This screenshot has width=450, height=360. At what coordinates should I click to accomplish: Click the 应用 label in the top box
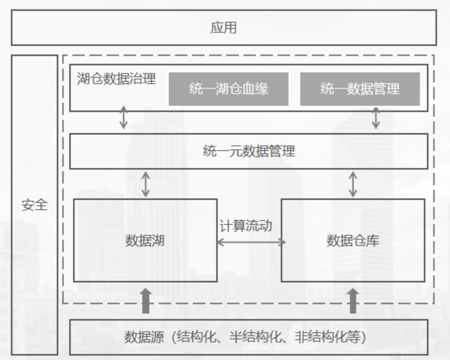tap(223, 28)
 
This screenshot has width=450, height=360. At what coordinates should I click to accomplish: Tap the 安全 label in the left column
tap(34, 205)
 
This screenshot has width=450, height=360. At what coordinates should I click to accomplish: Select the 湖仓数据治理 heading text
tap(117, 79)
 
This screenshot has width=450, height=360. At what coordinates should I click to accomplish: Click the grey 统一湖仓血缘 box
tap(229, 89)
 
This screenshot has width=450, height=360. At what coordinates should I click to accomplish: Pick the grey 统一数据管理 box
tap(360, 89)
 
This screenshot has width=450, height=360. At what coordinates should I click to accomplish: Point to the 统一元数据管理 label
tap(249, 151)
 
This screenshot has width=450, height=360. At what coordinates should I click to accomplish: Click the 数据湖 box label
tap(145, 241)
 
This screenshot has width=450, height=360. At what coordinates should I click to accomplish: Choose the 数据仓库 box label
tap(353, 241)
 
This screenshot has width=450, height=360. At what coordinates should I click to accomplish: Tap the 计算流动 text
tap(246, 226)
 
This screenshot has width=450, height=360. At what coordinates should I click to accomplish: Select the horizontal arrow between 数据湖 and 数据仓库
tap(251, 242)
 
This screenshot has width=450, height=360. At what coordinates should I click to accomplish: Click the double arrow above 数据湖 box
tap(146, 184)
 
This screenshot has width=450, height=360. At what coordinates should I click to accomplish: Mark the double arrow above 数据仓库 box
tap(353, 184)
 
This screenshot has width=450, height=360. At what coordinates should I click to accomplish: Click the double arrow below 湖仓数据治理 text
tap(123, 117)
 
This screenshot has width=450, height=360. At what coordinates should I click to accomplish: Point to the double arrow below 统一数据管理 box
tap(376, 118)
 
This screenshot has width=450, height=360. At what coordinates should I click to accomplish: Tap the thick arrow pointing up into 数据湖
tap(146, 301)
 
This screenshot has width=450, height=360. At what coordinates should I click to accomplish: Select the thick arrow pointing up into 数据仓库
tap(353, 301)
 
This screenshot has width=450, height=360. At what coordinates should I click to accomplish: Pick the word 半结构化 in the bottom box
tap(256, 337)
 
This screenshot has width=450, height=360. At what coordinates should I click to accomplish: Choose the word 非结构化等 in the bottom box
tap(328, 337)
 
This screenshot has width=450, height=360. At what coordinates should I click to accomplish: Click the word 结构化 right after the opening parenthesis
tap(196, 337)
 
